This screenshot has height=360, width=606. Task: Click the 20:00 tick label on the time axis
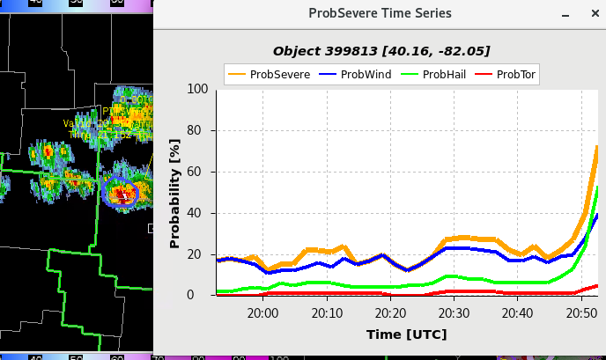point(262,313)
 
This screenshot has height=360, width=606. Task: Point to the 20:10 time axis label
point(326,313)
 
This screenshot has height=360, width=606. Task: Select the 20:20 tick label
point(389,313)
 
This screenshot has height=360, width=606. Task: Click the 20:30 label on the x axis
point(453,313)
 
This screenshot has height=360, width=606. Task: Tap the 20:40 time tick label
point(516,313)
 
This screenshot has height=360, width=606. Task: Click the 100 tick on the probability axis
point(196,90)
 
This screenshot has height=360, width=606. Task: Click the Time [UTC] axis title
point(406,334)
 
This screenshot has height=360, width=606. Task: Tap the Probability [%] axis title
point(174,193)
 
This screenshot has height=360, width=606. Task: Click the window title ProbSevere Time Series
point(380,13)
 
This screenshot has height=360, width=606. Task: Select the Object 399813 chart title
point(381,51)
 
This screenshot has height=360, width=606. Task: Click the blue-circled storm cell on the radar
point(121,191)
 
